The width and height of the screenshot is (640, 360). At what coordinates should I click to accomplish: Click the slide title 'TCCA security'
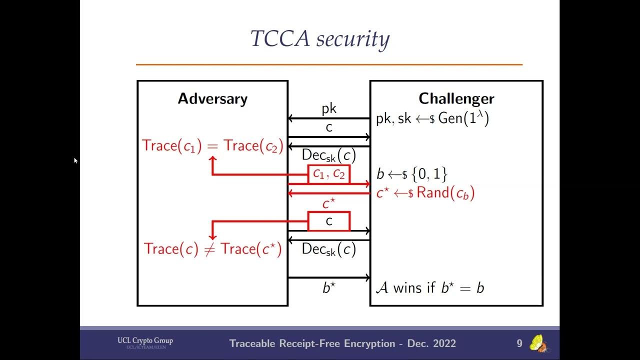point(320,39)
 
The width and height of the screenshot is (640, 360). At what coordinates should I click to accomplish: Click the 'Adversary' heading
point(212,98)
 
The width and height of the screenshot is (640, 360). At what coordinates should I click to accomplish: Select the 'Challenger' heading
point(456,98)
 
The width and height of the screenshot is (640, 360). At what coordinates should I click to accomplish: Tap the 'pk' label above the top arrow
point(328,109)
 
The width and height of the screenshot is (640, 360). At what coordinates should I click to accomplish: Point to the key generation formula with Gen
point(432,119)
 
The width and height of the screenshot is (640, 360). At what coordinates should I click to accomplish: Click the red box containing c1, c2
point(328,174)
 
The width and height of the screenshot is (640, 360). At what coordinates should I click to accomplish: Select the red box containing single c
point(328,221)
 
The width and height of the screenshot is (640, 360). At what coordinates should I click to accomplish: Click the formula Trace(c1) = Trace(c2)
point(212,145)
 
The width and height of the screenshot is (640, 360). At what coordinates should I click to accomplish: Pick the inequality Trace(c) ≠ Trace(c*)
point(212,249)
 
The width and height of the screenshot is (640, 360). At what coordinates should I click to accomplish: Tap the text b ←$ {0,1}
point(411,174)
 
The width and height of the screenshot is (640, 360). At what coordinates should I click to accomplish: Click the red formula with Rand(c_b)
point(425,193)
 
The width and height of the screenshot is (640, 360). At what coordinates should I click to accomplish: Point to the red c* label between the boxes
point(328,204)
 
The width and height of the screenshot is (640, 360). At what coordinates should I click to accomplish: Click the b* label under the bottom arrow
point(328,288)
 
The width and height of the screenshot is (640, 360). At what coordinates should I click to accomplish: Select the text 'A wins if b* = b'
point(430,288)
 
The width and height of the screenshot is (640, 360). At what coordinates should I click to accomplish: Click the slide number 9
point(519,343)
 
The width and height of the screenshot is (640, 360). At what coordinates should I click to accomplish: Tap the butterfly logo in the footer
point(538,343)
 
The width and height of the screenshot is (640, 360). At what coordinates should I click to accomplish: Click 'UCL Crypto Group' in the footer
point(145,341)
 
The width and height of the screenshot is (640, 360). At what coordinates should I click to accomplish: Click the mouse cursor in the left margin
point(75,160)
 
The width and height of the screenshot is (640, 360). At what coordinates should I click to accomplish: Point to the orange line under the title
point(329,64)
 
